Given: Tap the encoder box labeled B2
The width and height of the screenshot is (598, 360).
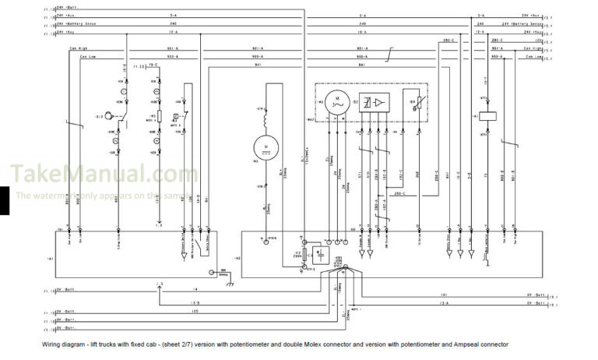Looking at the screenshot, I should [375, 103].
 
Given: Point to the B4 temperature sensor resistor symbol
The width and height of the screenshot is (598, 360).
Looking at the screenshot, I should [413, 103].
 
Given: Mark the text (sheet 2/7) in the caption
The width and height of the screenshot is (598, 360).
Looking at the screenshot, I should [181, 344].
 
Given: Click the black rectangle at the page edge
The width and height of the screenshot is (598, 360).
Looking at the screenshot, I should [5, 201].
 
